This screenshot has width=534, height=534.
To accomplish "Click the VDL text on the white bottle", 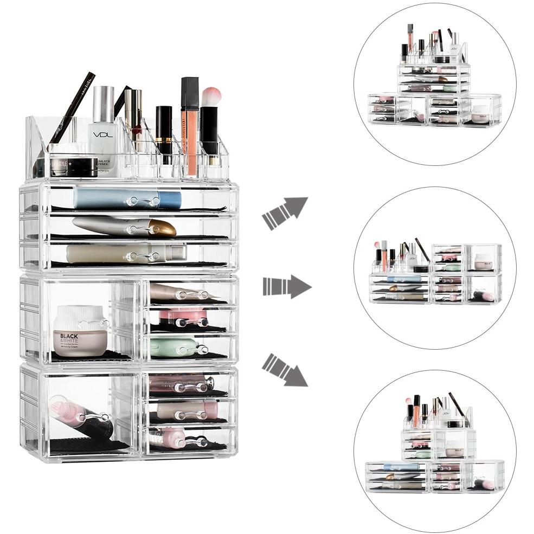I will tap(102, 134).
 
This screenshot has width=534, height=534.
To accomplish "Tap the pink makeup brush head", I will tap(211, 96).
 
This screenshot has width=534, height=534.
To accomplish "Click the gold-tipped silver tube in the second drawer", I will tap(125, 226).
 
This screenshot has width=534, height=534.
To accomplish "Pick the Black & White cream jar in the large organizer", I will tap(80, 331).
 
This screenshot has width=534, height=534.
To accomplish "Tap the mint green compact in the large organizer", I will tap(173, 346).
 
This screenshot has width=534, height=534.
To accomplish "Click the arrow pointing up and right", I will tap(285, 213).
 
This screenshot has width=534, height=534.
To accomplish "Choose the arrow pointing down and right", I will tap(285, 370).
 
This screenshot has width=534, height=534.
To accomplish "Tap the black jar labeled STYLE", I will tap(74, 166).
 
